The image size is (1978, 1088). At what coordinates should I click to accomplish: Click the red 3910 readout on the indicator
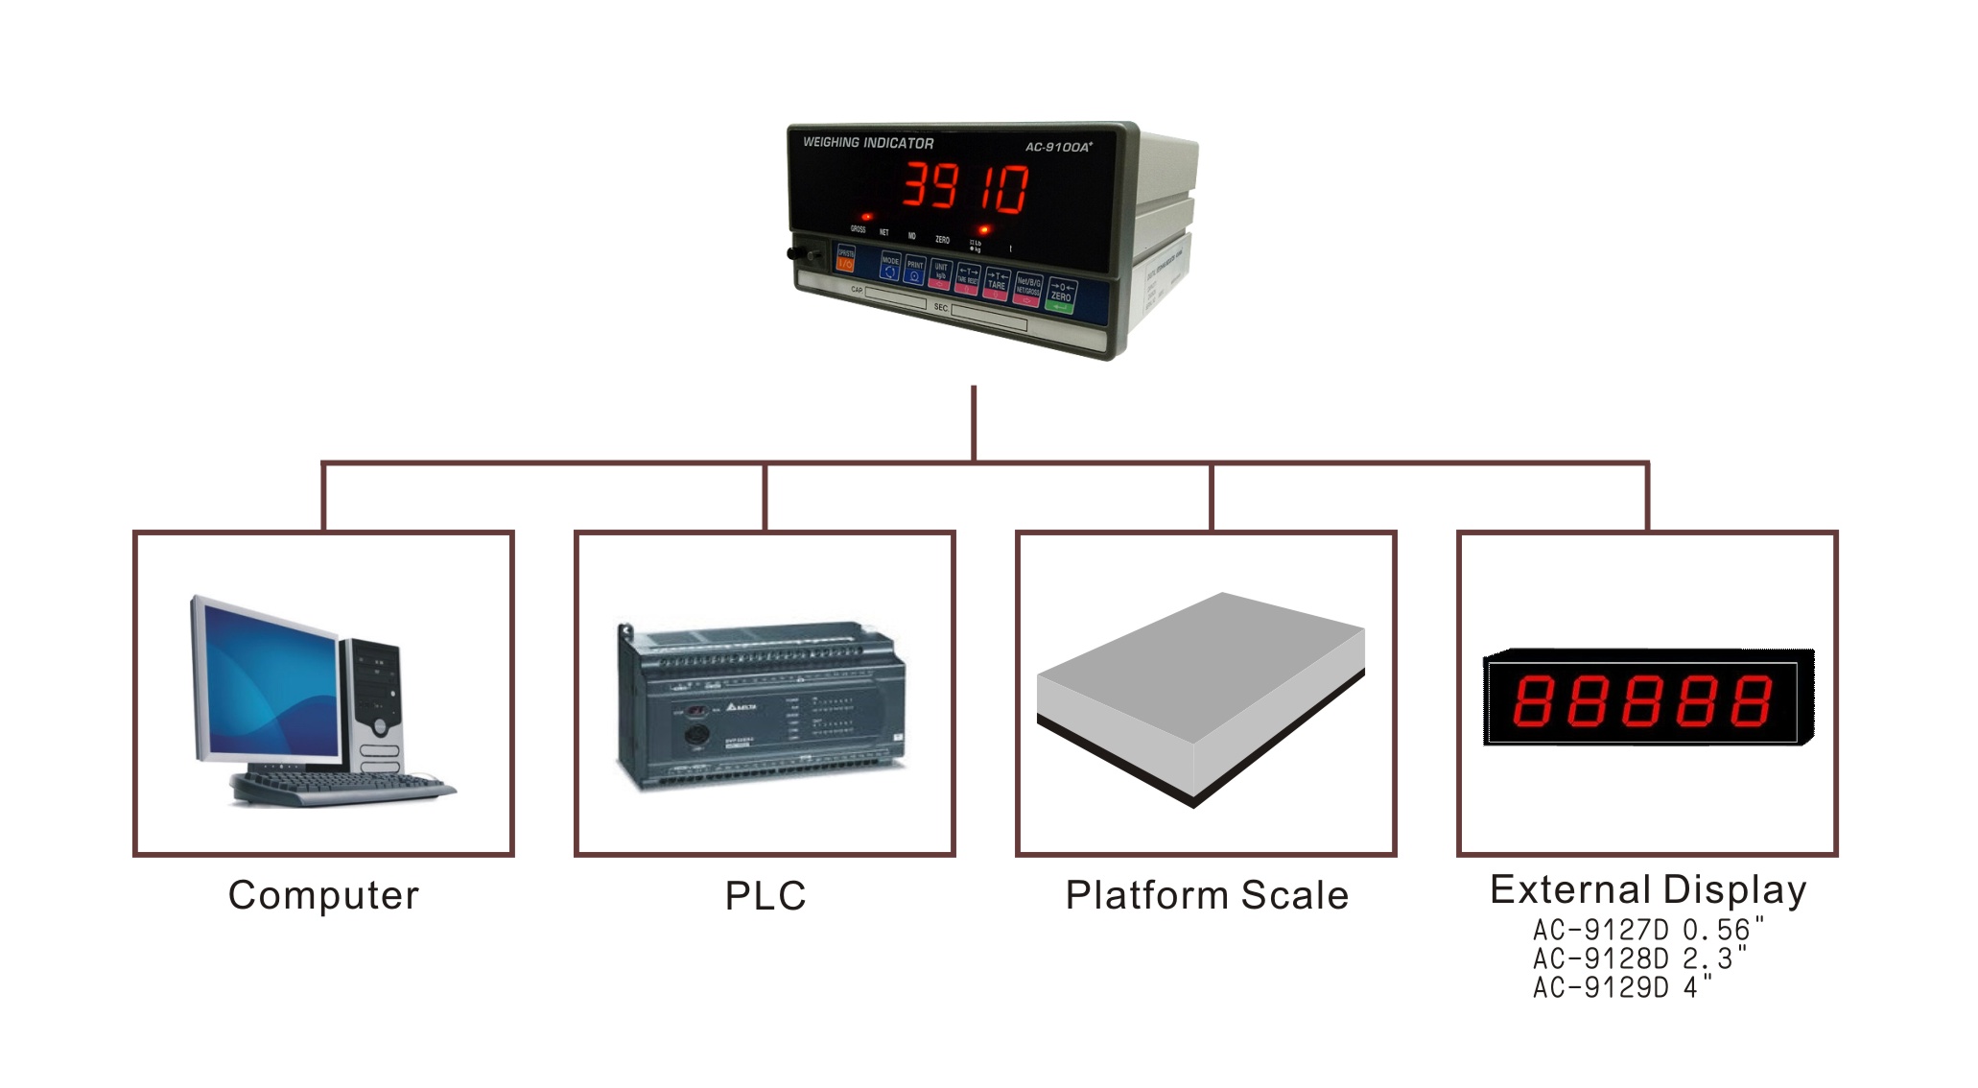coord(965,187)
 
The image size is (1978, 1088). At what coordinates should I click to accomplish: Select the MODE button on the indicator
coord(890,268)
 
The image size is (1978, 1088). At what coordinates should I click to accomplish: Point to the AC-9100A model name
coord(1058,147)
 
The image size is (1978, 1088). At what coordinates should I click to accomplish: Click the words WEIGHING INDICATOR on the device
coord(867,143)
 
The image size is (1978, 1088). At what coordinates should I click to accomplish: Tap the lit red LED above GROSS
coord(866,217)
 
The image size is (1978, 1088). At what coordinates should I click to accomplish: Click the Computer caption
coord(323,895)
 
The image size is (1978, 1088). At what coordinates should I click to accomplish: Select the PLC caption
coord(765,896)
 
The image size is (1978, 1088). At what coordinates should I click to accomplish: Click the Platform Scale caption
coord(1207,895)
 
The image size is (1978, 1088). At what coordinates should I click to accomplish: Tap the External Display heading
coord(1647,889)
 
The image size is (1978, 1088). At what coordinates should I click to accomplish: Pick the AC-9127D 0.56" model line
coord(1647,930)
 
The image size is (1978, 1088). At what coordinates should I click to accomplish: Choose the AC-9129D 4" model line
coord(1621,987)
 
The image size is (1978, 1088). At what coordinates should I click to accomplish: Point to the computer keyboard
coord(341,789)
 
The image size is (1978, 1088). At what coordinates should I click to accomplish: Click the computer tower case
coord(376,705)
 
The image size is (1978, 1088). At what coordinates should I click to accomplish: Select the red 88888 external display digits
coord(1641,700)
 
